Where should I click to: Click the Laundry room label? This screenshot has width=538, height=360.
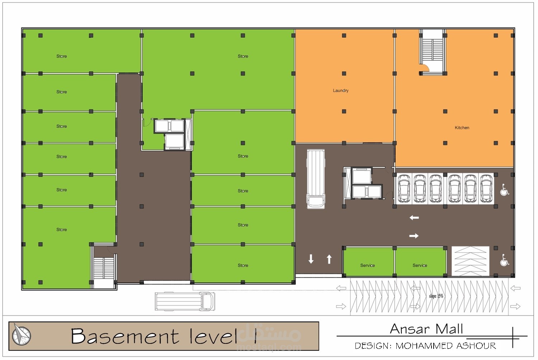point(341,90)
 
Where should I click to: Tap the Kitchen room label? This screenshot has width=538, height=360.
point(462,128)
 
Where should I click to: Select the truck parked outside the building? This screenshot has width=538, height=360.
point(185,301)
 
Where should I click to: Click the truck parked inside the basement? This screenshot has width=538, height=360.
point(316,179)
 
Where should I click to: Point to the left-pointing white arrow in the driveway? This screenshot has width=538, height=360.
point(414,218)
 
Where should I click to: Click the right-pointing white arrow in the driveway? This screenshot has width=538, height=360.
point(414,236)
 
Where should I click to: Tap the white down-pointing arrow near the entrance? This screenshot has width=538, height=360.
point(311,259)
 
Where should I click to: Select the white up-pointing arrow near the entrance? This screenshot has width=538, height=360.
point(329,259)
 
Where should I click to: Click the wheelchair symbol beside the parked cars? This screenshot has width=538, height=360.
point(504,190)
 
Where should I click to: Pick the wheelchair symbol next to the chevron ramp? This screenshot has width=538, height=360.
point(504,260)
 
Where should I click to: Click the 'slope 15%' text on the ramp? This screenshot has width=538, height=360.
point(436,296)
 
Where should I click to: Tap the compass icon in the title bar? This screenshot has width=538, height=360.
point(22,336)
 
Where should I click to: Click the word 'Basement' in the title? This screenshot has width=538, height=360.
point(125,336)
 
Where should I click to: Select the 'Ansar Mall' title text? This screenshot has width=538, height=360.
point(426,329)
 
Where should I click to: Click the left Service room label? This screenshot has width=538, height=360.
point(368,265)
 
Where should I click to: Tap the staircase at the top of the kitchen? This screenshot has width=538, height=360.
point(433,52)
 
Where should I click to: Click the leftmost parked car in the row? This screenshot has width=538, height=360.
point(404,188)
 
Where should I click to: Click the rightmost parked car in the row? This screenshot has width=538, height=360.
point(486,188)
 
